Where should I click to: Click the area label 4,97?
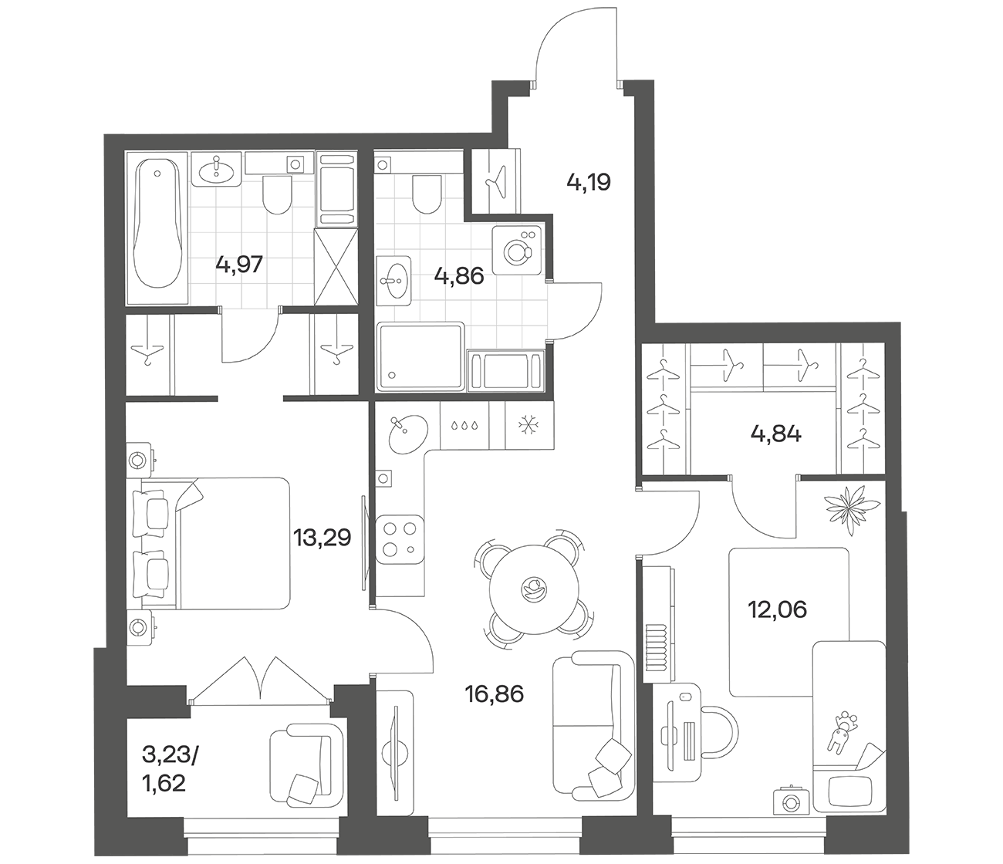[239, 265]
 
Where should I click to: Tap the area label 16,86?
[495, 695]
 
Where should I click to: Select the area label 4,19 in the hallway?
[589, 182]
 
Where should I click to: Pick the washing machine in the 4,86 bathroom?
[516, 251]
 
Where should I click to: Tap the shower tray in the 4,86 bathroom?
[420, 356]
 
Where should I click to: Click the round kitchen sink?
[408, 434]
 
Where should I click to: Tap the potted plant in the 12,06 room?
[852, 511]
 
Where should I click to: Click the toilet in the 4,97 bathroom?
[276, 195]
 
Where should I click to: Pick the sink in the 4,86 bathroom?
[394, 281]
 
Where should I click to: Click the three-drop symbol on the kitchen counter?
[465, 426]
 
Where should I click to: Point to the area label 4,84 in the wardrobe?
[775, 434]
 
